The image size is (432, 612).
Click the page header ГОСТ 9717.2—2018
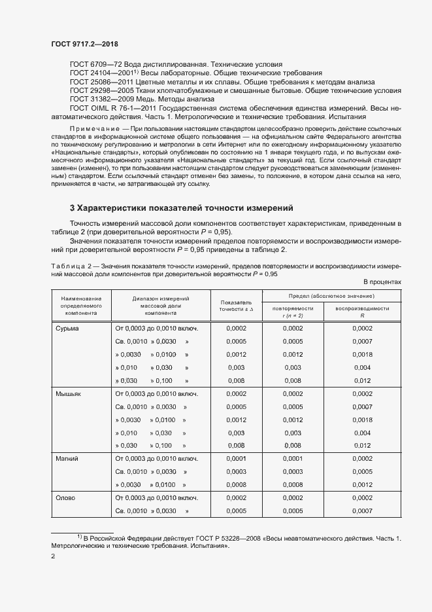[84, 45]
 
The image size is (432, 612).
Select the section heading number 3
[73, 208]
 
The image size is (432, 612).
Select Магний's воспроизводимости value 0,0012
[362, 485]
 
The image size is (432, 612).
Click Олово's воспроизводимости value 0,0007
[362, 511]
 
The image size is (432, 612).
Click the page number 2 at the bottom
[54, 557]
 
